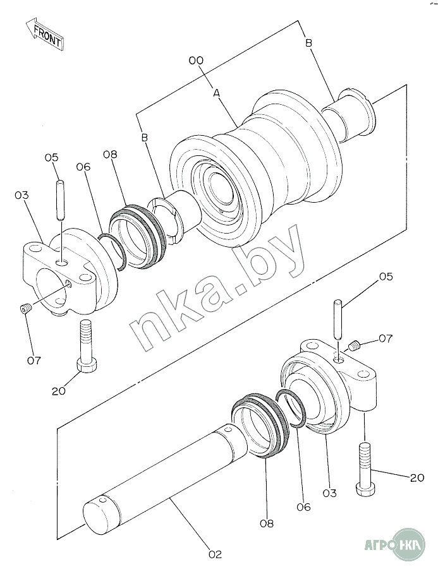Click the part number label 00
(x=196, y=60)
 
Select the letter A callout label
(x=217, y=93)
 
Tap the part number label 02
(x=215, y=554)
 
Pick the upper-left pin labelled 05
(x=61, y=200)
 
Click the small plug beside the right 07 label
(x=354, y=345)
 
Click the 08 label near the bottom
(x=267, y=523)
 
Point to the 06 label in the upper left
(x=83, y=167)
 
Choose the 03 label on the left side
(x=21, y=195)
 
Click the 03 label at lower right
(x=329, y=493)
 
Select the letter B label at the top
(x=308, y=43)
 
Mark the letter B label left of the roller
(x=145, y=138)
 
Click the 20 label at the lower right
(x=417, y=477)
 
